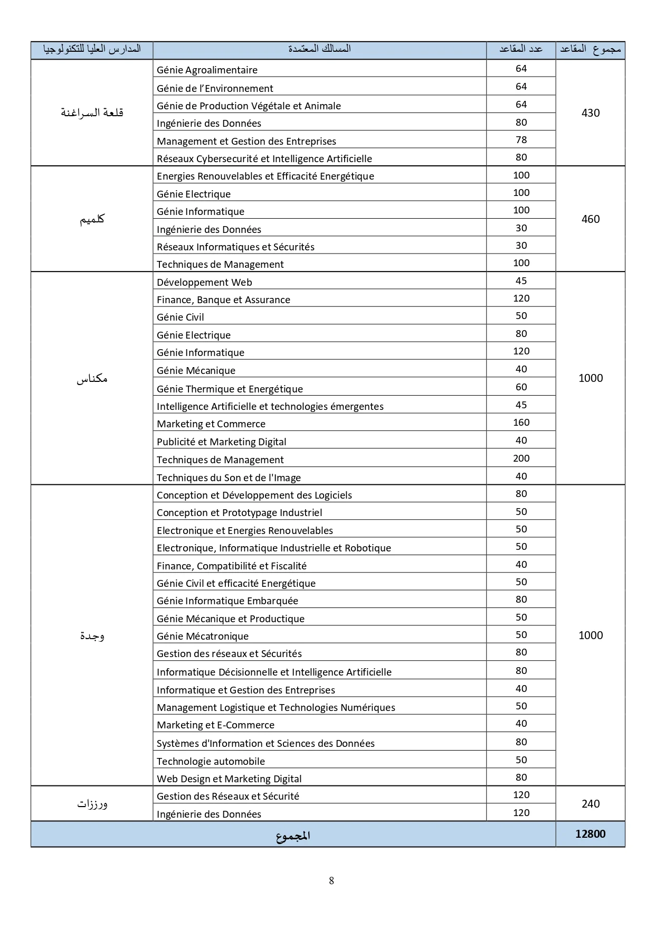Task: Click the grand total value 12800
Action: (x=590, y=834)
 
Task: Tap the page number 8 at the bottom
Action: (x=331, y=881)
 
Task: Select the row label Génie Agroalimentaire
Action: (x=207, y=70)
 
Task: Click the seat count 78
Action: (x=521, y=140)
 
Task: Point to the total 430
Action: (x=590, y=113)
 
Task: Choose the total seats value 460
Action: (x=590, y=219)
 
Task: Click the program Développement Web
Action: (x=204, y=282)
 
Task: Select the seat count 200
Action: (x=521, y=458)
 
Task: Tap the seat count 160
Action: (x=521, y=423)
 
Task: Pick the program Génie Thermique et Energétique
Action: (x=230, y=389)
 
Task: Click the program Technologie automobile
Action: (x=211, y=761)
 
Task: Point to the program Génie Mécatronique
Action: (x=202, y=636)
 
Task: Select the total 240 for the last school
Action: (x=590, y=804)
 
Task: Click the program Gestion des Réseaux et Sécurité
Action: (x=227, y=796)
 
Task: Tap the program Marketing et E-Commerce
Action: (x=215, y=725)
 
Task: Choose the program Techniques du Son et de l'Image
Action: (x=229, y=477)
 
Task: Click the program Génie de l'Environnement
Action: (x=215, y=88)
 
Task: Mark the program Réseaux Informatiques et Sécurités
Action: (x=235, y=247)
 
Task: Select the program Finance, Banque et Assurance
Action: (x=223, y=299)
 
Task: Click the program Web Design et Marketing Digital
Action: (x=229, y=779)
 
